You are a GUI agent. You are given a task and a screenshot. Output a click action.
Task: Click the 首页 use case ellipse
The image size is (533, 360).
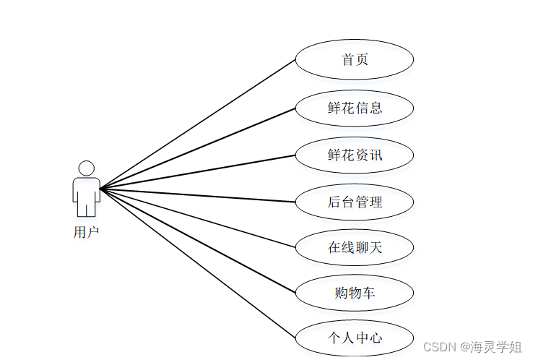355,59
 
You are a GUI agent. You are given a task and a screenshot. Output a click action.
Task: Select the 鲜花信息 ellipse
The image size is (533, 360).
355,108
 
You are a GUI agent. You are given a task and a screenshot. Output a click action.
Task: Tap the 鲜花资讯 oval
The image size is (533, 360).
355,155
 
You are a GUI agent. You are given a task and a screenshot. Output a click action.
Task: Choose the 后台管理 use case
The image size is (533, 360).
355,202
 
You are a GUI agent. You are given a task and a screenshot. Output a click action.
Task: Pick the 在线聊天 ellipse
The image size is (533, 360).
355,248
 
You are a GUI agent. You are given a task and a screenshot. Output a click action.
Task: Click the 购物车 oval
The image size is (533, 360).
355,293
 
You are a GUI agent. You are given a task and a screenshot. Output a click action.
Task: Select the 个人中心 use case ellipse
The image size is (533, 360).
355,338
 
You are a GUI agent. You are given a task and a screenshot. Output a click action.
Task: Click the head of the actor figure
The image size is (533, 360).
87,168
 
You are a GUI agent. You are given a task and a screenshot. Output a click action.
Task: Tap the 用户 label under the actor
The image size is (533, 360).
86,232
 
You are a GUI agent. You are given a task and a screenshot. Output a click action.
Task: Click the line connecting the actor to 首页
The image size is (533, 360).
198,124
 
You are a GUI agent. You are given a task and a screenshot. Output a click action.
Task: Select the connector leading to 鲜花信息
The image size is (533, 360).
198,149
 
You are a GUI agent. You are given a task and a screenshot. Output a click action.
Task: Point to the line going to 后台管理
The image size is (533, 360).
198,195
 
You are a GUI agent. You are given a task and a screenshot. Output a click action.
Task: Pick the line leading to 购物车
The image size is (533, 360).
198,241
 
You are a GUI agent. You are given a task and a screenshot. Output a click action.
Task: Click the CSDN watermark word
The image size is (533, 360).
438,347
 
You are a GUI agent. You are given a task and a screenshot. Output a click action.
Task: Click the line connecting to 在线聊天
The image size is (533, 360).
198,218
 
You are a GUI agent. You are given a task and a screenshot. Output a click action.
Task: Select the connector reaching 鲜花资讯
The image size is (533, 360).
198,172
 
